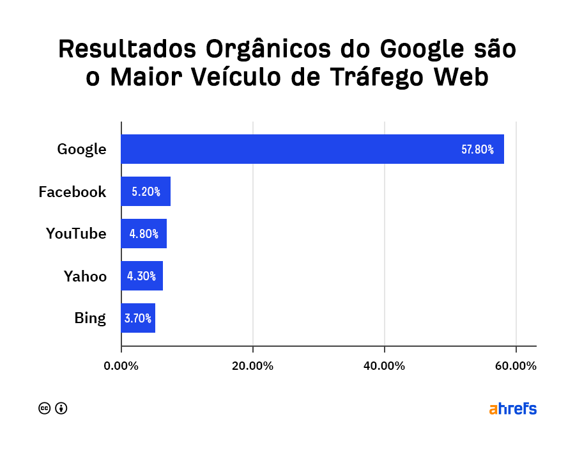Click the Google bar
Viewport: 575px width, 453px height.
312,149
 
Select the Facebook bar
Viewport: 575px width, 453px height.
146,191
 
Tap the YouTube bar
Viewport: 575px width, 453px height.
144,234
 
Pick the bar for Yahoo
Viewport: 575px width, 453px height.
142,276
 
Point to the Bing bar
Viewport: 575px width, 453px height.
138,318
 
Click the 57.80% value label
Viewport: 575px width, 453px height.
477,150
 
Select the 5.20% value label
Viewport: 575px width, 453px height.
146,192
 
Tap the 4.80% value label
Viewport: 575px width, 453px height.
144,234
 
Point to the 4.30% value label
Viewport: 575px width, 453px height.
142,276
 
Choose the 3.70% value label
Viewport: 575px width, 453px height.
138,319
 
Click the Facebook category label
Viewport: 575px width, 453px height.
72,192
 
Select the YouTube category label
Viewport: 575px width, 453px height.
76,234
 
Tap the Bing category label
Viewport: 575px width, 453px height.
89,318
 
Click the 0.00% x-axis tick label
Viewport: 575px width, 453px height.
121,366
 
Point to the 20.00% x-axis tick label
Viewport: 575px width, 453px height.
253,366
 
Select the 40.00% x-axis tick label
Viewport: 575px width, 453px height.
384,366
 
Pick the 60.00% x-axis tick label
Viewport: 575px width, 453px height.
516,366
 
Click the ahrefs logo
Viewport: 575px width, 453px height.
512,409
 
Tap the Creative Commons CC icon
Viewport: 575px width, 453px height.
45,408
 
